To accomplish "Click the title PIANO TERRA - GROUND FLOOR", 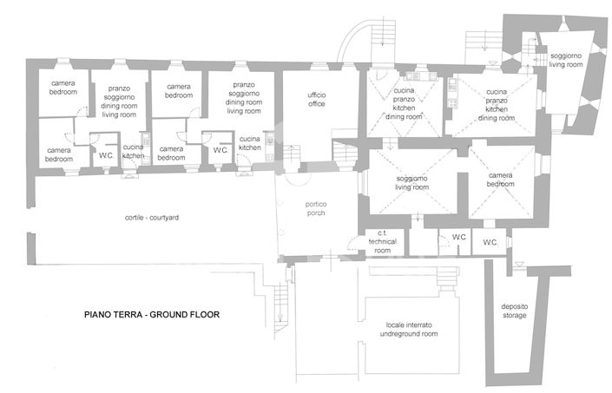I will (151, 315).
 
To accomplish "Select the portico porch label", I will (316, 209).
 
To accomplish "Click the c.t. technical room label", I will (382, 242).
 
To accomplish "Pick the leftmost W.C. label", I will (108, 155).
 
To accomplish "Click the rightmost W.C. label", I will (490, 242).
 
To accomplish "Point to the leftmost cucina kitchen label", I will (133, 152).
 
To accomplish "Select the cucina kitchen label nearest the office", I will (249, 143).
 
